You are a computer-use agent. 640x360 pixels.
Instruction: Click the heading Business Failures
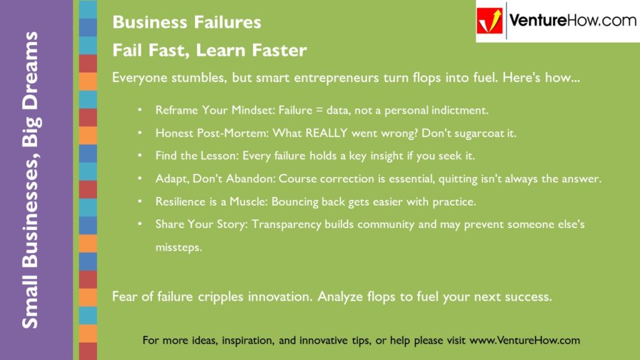coord(186,22)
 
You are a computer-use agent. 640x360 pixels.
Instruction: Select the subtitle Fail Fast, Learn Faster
coord(209,51)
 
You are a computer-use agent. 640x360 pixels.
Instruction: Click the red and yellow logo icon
coord(490,22)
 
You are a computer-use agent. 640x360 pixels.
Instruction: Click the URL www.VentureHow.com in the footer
coord(524,341)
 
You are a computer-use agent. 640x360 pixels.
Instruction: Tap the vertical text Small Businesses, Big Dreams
coord(31,180)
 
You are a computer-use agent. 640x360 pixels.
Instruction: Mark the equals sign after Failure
coord(321,111)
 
